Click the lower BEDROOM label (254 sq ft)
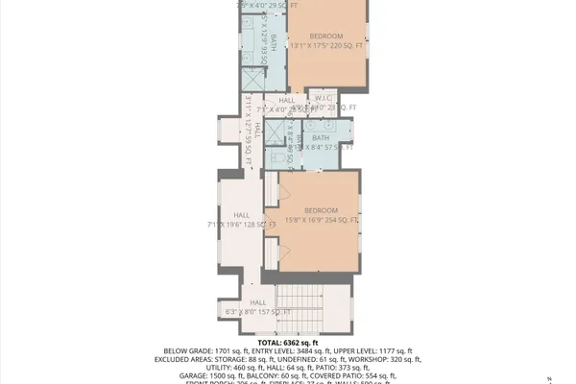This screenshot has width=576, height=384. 321,210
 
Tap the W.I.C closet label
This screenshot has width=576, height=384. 323,98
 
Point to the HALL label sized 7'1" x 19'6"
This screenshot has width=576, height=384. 241,215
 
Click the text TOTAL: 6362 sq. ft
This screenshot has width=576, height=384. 288,343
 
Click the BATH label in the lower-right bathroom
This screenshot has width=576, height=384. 320,138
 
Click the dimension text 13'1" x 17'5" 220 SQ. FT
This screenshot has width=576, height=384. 323,44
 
